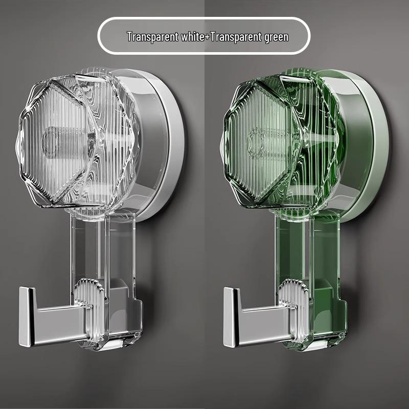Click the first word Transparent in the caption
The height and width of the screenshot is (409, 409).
(x=150, y=37)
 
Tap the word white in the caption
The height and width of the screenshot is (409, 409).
(x=188, y=37)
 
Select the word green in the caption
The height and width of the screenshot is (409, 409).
(x=275, y=37)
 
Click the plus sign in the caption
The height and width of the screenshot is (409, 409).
(x=206, y=37)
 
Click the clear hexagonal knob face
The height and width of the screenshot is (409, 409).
(x=56, y=141)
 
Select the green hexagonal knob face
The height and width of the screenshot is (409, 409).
(x=261, y=141)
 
